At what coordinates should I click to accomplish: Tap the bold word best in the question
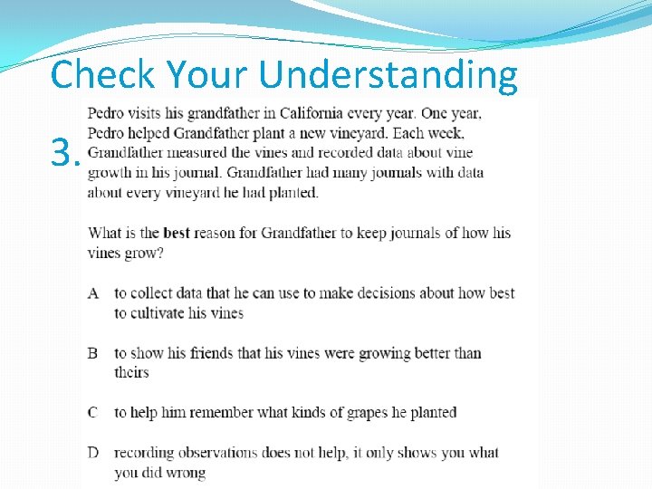tap(176, 233)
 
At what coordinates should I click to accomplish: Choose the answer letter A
tap(93, 292)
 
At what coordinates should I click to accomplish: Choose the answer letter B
tap(93, 353)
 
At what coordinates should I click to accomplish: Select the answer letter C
tap(93, 413)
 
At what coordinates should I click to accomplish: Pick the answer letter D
tap(93, 453)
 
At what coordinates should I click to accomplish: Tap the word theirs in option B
tap(131, 372)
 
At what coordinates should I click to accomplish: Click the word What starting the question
tap(104, 233)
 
